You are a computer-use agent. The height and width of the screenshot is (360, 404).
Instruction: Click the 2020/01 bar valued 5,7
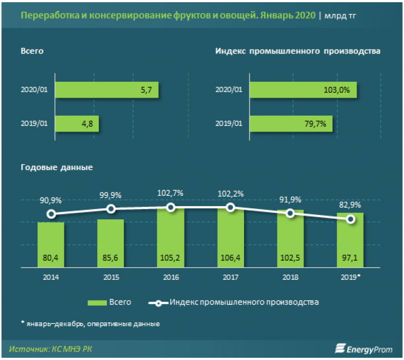pyautogui.click(x=106, y=89)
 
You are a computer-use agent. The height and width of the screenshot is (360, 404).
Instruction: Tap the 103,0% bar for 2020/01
pyautogui.click(x=303, y=89)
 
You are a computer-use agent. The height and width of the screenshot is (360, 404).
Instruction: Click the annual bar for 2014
pyautogui.click(x=51, y=244)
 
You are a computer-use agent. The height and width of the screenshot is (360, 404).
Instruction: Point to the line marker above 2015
pyautogui.click(x=111, y=209)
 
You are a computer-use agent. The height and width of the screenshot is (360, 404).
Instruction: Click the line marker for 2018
pyautogui.click(x=290, y=213)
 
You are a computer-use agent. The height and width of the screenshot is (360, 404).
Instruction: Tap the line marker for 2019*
pyautogui.click(x=350, y=219)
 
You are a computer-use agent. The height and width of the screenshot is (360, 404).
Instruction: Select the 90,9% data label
pyautogui.click(x=51, y=200)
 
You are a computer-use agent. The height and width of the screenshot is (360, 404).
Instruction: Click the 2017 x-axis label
pyautogui.click(x=230, y=277)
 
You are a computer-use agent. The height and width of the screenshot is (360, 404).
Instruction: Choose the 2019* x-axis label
pyautogui.click(x=351, y=277)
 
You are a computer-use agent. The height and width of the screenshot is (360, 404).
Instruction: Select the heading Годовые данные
pyautogui.click(x=57, y=167)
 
